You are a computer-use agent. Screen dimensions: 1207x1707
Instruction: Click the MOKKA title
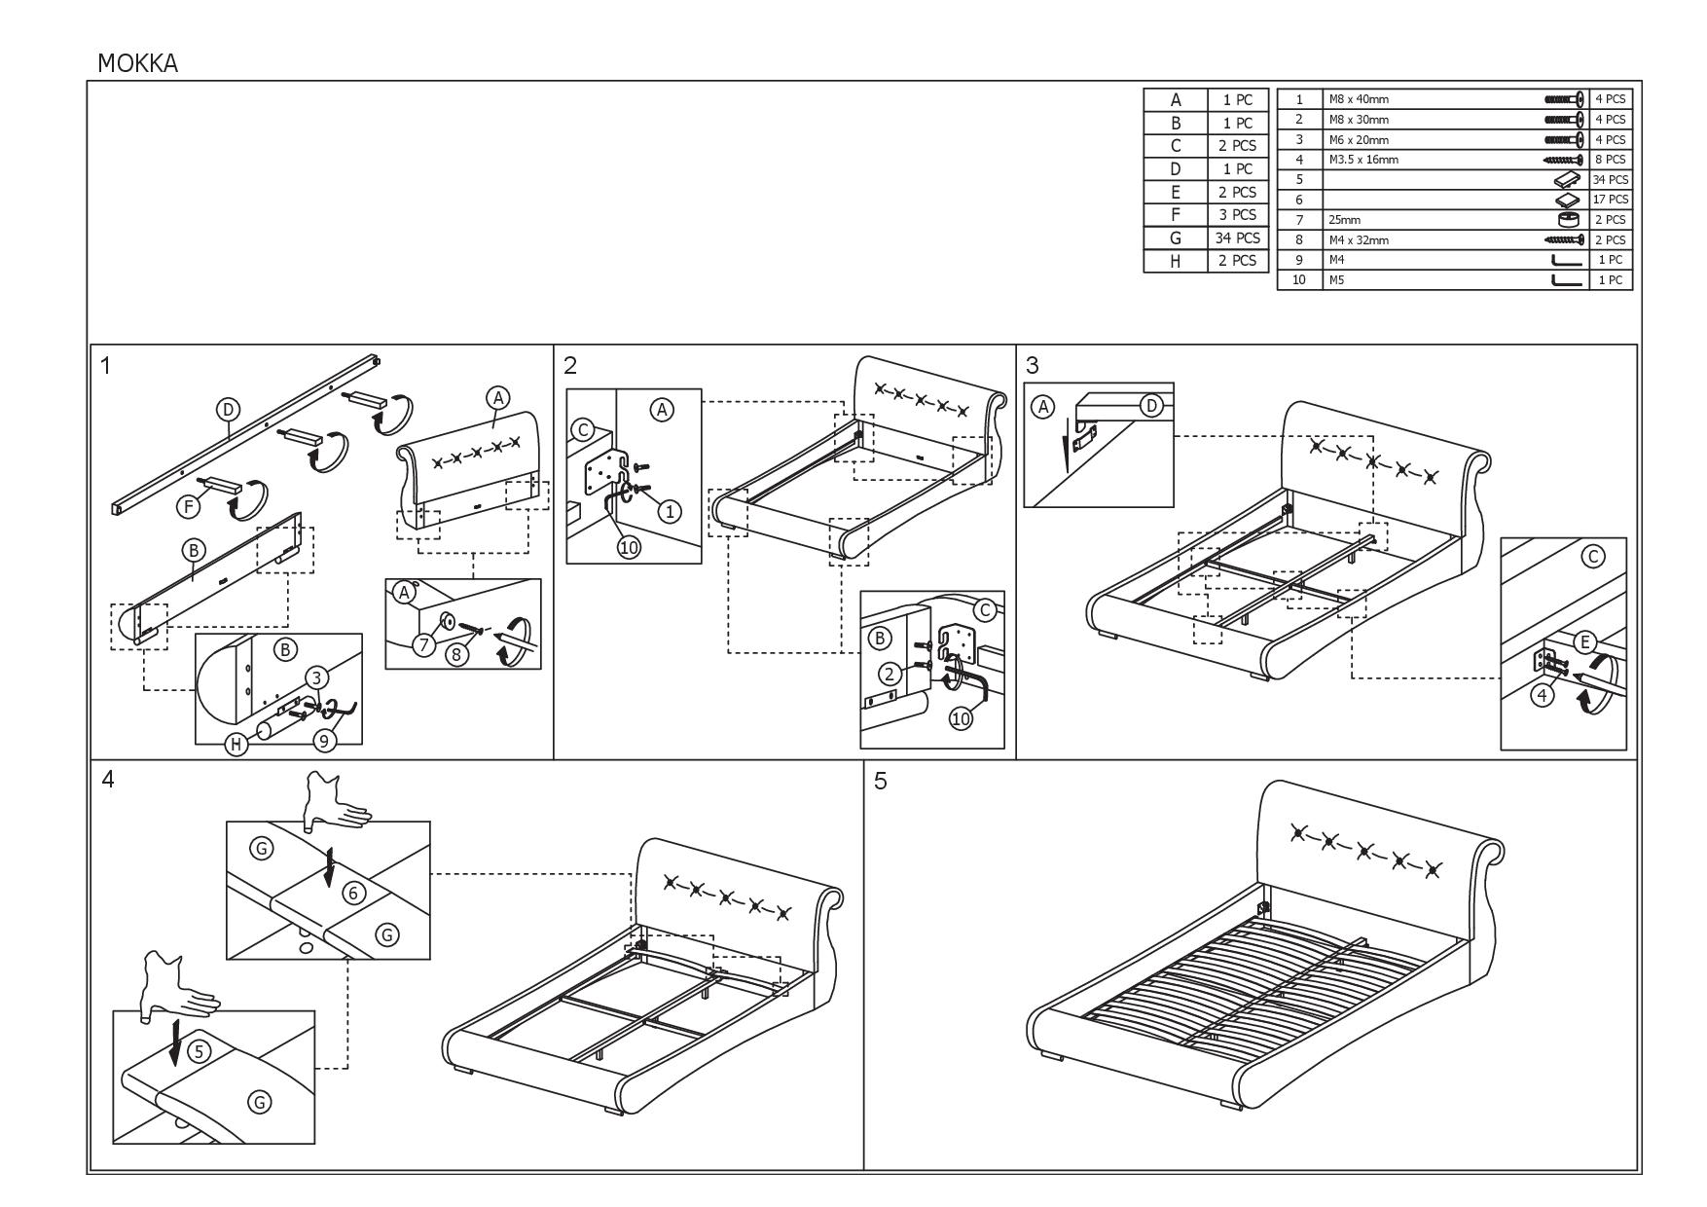(x=137, y=63)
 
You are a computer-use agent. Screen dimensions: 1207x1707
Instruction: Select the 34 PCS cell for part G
(x=1238, y=238)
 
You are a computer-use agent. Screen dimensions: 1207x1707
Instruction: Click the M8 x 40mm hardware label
(x=1359, y=99)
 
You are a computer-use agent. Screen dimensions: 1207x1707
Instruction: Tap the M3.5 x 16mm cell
(x=1363, y=160)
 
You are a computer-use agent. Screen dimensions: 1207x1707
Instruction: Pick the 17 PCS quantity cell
(x=1610, y=200)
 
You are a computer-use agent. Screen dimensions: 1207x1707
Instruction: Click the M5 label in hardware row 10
(x=1336, y=280)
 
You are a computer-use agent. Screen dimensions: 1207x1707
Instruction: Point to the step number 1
(x=105, y=366)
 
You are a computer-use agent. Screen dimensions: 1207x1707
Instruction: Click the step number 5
(x=880, y=782)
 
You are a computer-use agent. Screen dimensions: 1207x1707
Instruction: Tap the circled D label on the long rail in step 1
(x=228, y=410)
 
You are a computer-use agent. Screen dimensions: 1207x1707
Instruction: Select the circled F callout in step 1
(x=188, y=506)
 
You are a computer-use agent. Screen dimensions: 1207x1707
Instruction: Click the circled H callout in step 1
(x=236, y=745)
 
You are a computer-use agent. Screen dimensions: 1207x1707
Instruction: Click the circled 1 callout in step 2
(x=669, y=511)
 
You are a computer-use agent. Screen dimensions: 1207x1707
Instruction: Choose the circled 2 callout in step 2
(x=888, y=673)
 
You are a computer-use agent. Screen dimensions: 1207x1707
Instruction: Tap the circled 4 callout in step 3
(x=1543, y=695)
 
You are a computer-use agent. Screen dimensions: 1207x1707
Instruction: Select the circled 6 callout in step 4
(x=353, y=894)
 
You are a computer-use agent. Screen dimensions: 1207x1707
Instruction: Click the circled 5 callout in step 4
(x=198, y=1051)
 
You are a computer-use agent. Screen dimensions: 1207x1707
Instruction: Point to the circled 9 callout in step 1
(x=325, y=741)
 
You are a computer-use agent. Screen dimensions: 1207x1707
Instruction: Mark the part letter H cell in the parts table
(x=1175, y=261)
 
